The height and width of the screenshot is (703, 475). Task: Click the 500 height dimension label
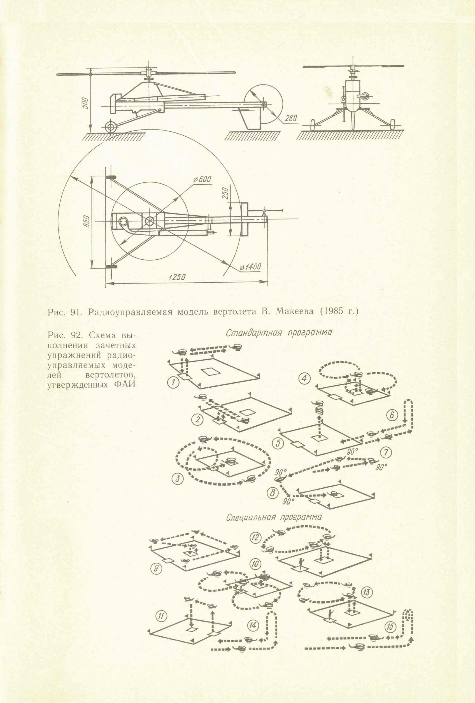[86, 104]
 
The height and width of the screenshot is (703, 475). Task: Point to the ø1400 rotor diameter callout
[250, 267]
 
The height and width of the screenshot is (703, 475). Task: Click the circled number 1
[173, 383]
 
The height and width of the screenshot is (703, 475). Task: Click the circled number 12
[256, 537]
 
